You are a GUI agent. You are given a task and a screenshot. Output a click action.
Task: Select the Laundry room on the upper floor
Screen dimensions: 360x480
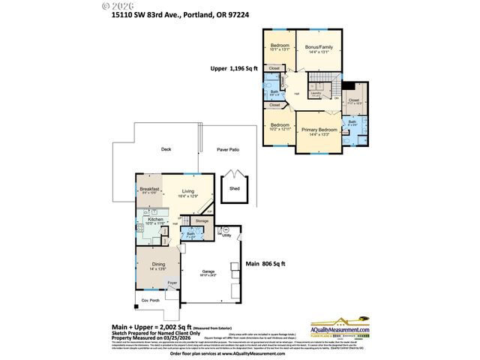click(x=316, y=94)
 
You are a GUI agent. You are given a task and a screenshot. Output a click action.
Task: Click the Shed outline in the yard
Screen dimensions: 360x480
click(x=235, y=188)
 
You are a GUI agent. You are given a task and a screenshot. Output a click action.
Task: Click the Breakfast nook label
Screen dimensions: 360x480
click(x=148, y=190)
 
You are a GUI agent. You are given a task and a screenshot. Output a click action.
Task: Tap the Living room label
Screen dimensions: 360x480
click(x=187, y=193)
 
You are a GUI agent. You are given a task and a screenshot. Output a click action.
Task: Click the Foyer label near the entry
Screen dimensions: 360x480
click(x=172, y=283)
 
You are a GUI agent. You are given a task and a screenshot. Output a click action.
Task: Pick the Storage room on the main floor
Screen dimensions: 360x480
click(x=202, y=221)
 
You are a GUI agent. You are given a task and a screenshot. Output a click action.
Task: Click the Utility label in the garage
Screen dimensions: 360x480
click(x=226, y=235)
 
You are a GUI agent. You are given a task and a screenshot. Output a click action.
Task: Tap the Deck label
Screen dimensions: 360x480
click(x=166, y=149)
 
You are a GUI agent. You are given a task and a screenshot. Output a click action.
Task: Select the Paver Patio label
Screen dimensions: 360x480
click(x=229, y=150)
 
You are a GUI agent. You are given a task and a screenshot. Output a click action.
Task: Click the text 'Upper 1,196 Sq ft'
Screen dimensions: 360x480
click(x=234, y=68)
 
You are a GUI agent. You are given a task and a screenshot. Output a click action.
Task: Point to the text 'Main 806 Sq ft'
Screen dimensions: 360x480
click(x=265, y=264)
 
